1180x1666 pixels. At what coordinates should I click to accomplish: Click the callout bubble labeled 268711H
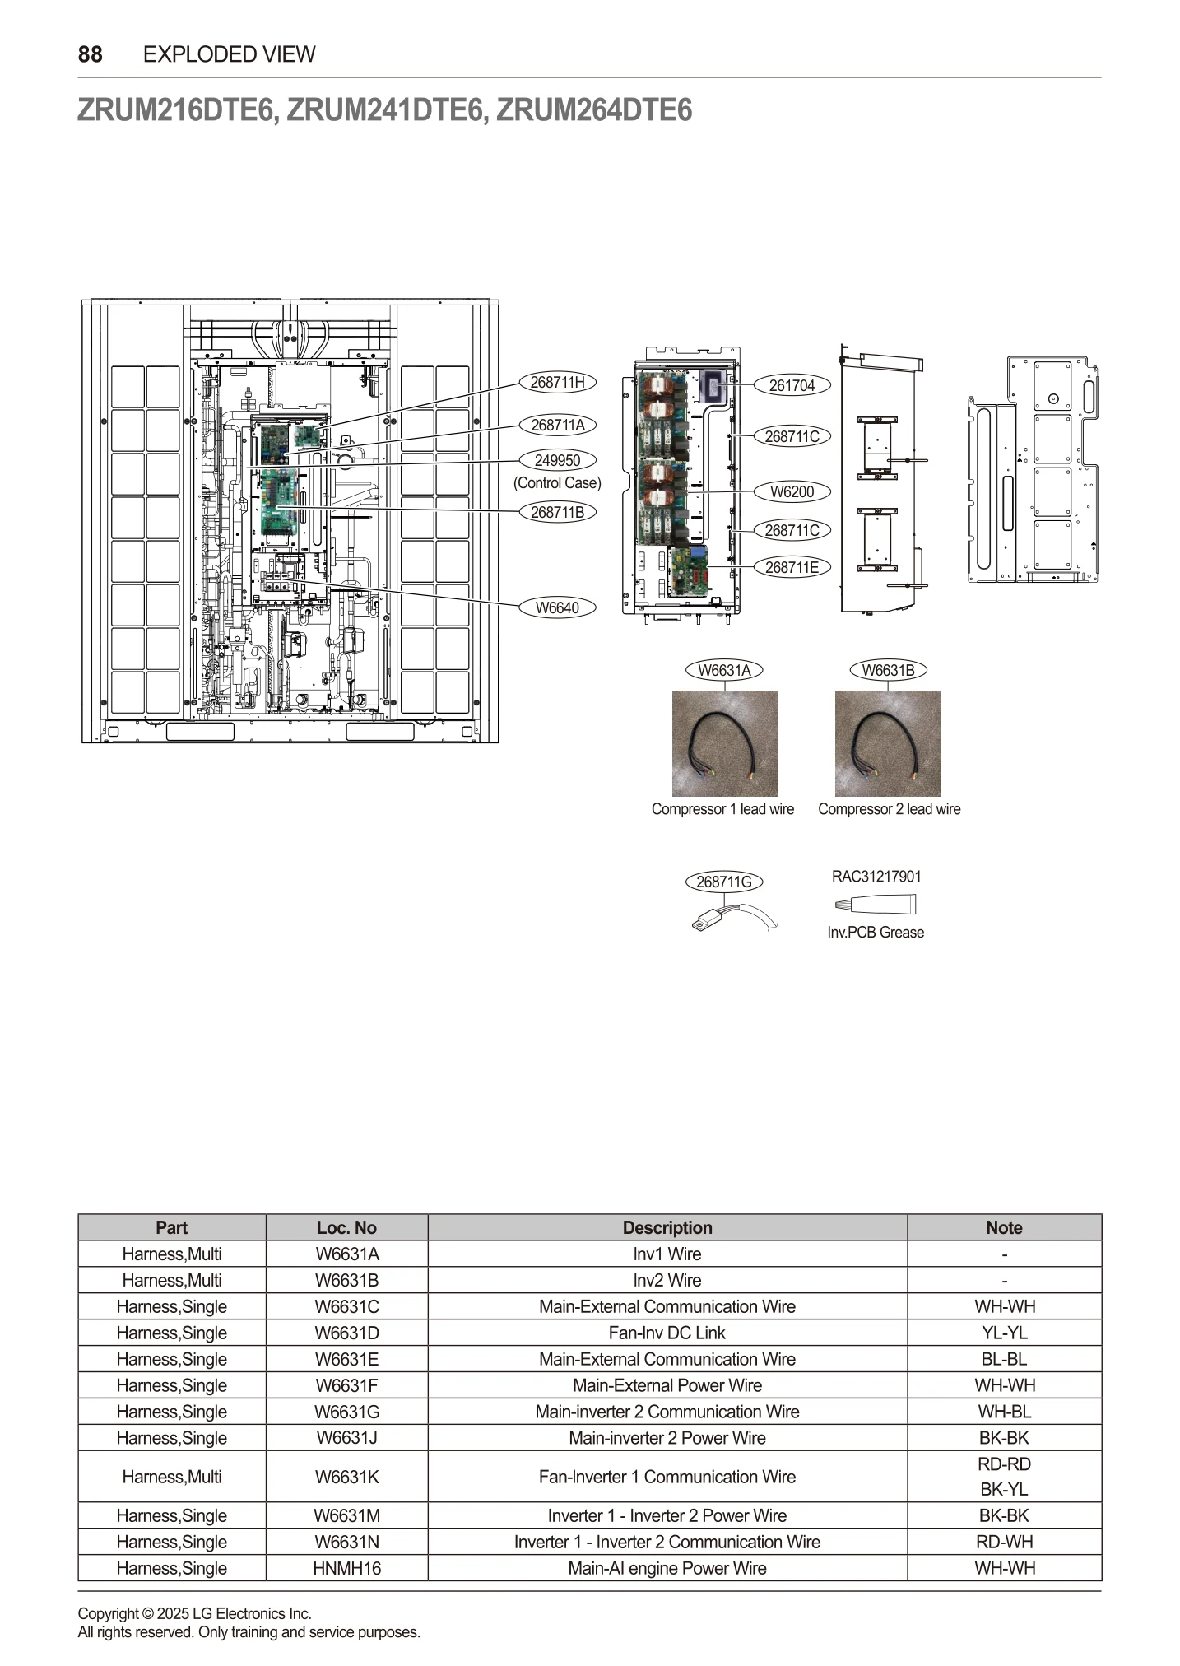pyautogui.click(x=557, y=382)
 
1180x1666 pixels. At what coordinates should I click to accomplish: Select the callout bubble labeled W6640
pyautogui.click(x=557, y=607)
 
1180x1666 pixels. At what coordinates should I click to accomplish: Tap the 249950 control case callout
pyautogui.click(x=557, y=460)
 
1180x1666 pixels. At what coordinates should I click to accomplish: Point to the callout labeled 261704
pyautogui.click(x=792, y=385)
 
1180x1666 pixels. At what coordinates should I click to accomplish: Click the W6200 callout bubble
pyautogui.click(x=792, y=491)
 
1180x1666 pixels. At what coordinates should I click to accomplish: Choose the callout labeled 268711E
pyautogui.click(x=792, y=567)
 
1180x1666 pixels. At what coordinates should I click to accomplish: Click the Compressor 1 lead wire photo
pyautogui.click(x=724, y=743)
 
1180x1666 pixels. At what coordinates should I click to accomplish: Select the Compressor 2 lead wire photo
pyautogui.click(x=888, y=743)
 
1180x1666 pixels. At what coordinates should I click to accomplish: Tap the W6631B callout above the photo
pyautogui.click(x=888, y=670)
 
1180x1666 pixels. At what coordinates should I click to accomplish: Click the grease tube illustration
pyautogui.click(x=875, y=905)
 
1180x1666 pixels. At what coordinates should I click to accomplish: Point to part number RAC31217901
pyautogui.click(x=876, y=877)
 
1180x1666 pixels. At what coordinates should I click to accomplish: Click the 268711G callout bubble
pyautogui.click(x=724, y=882)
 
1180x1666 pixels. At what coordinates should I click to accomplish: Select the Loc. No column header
pyautogui.click(x=346, y=1227)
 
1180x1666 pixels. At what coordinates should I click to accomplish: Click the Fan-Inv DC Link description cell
pyautogui.click(x=667, y=1333)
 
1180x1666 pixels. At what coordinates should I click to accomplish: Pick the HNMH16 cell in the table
pyautogui.click(x=346, y=1568)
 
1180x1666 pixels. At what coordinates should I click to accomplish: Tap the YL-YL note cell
pyautogui.click(x=1004, y=1333)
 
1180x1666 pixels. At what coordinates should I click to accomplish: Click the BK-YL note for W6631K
pyautogui.click(x=1004, y=1489)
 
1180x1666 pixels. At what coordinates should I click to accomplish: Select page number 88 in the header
pyautogui.click(x=91, y=54)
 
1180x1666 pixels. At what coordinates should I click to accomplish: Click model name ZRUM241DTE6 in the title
pyautogui.click(x=383, y=110)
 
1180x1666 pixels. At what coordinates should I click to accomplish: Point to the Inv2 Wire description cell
pyautogui.click(x=667, y=1280)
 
